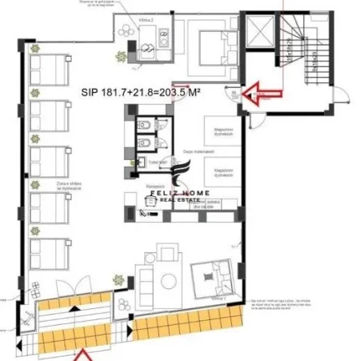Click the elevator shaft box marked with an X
click(x=262, y=33)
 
